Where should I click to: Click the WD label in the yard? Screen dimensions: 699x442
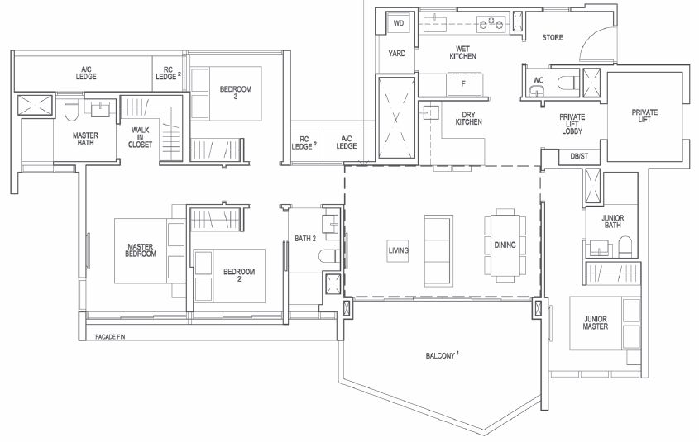tap(399, 23)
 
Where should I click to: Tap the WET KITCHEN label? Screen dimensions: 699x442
tap(462, 53)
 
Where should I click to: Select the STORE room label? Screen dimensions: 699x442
tap(553, 37)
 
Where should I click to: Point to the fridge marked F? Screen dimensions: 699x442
tap(463, 83)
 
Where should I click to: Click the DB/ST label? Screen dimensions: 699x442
tap(579, 156)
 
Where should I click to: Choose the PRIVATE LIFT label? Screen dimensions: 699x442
tap(644, 116)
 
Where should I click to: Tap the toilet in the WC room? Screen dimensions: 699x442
tap(567, 83)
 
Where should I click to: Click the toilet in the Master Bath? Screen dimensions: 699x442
tap(71, 112)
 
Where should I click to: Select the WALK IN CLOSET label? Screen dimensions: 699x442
tap(140, 137)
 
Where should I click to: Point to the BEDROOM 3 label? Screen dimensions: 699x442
tap(236, 93)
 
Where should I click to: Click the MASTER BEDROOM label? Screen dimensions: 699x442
tap(141, 250)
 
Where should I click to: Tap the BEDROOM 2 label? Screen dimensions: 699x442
tap(239, 275)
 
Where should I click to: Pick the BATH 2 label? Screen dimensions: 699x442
tap(305, 239)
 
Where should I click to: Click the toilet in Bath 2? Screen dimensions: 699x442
tap(329, 256)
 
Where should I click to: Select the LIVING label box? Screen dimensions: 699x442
tap(398, 250)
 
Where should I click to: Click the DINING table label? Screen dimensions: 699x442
tap(505, 245)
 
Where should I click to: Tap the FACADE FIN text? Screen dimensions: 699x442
tap(110, 337)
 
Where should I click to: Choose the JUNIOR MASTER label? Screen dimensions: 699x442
tap(596, 323)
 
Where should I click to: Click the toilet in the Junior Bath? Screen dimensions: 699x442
tap(625, 246)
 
